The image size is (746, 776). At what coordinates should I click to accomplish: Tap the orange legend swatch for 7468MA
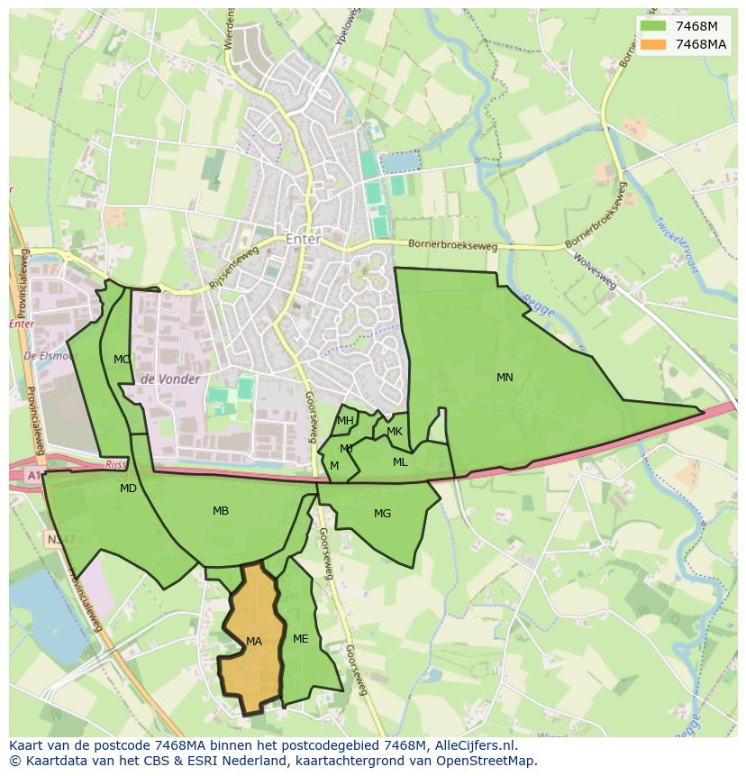(x=654, y=44)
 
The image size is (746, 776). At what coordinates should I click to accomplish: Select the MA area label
(x=254, y=642)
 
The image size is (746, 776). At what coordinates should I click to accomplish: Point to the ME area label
(x=301, y=639)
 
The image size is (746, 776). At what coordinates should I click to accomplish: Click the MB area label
(x=221, y=511)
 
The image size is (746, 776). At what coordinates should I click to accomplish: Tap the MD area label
(x=129, y=488)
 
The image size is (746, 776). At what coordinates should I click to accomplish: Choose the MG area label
(x=383, y=514)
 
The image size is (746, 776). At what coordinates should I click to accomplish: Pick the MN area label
(x=505, y=378)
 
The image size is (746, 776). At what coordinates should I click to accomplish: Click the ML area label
(x=400, y=462)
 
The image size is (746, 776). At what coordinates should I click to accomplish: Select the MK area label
(x=395, y=432)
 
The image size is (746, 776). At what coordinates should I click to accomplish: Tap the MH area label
(x=345, y=421)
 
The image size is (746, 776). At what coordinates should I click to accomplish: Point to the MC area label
(x=122, y=360)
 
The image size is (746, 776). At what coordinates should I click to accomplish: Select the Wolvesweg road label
(x=595, y=270)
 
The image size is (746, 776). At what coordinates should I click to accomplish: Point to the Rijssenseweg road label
(x=232, y=269)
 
